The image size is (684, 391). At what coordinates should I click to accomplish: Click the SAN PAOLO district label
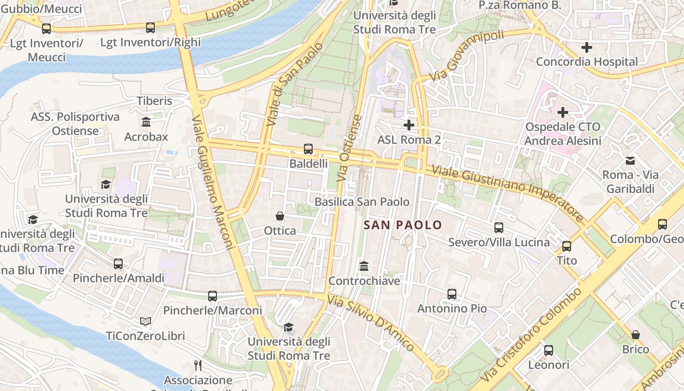(x=403, y=225)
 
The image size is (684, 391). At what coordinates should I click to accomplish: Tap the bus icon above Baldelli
(x=308, y=149)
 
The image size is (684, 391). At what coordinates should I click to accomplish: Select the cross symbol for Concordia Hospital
(x=587, y=47)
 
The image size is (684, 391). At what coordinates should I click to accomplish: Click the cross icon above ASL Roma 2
(x=409, y=125)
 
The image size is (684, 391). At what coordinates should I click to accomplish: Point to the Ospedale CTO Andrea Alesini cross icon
(x=563, y=112)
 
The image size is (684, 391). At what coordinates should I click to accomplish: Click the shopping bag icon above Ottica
(x=280, y=216)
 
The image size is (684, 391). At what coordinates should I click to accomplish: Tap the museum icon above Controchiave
(x=364, y=266)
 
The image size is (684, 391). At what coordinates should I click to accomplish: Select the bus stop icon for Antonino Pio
(x=452, y=294)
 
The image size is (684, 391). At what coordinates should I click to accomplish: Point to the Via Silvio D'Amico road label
(x=371, y=323)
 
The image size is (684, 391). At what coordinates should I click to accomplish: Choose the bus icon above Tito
(x=567, y=246)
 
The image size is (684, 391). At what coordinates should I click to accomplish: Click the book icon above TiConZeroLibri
(x=146, y=321)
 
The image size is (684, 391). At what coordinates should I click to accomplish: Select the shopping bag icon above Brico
(x=636, y=335)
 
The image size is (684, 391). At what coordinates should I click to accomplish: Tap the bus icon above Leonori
(x=549, y=350)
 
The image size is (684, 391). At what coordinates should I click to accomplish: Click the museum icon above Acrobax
(x=146, y=122)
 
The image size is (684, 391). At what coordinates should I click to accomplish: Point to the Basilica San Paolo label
(x=362, y=202)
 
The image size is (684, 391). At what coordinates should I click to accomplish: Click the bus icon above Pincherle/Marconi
(x=213, y=296)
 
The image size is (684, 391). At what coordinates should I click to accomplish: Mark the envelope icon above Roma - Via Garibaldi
(x=630, y=160)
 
